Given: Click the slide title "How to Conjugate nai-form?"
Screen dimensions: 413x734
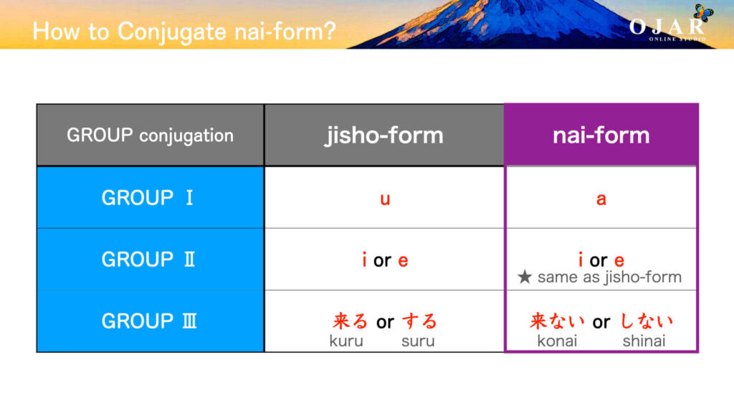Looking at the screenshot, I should coord(183,31).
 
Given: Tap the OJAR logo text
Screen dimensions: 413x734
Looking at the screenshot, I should coord(667,27).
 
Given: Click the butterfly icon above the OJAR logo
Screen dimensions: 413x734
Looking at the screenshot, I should coord(702,11).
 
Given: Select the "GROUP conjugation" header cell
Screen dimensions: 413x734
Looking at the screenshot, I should coord(150,136).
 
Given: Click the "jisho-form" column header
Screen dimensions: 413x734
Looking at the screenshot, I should coord(384,136).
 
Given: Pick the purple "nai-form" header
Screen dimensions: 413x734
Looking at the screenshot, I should coord(601,136).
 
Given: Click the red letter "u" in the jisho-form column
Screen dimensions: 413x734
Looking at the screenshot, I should coord(385,199).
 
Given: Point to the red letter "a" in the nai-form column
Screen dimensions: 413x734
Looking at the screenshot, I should coord(601,199).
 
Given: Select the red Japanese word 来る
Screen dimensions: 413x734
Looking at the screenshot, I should coord(351,321).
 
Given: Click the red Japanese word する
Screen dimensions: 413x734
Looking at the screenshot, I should coord(419,321).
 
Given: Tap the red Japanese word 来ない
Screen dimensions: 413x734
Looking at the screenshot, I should coord(558,321).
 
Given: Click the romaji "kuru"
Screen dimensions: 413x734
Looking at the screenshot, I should coord(346,341).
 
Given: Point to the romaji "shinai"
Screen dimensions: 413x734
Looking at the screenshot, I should coord(644,341).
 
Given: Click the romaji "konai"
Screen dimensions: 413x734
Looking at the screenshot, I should coord(557,341).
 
